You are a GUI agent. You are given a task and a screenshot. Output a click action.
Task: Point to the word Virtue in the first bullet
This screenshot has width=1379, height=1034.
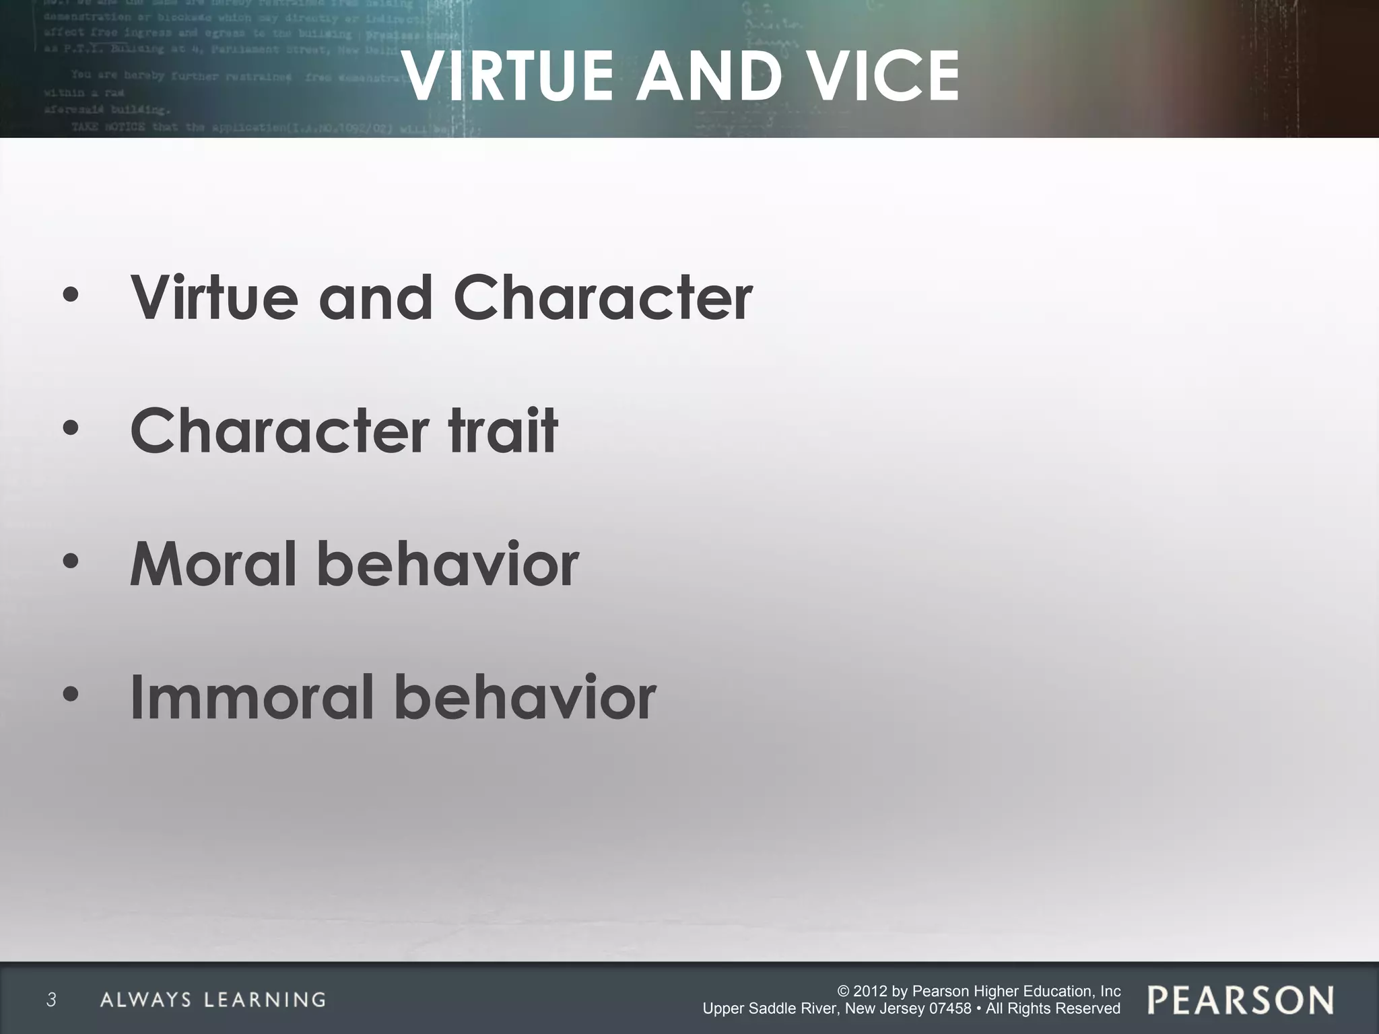(x=214, y=298)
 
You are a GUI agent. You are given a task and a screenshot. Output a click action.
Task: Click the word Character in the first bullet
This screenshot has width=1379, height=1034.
(x=603, y=298)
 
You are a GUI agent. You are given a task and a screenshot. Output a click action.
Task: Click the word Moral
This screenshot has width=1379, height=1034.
(x=213, y=564)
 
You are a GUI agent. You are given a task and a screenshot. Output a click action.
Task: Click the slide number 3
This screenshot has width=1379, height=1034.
(x=51, y=1000)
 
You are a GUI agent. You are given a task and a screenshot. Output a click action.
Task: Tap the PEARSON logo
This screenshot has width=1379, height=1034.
(x=1240, y=1000)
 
